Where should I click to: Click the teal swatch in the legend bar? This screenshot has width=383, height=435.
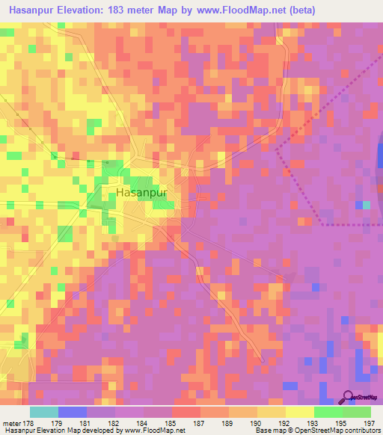(43, 412)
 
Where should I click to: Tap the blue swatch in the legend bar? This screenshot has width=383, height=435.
(72, 412)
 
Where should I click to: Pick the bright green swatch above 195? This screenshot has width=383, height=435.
(328, 412)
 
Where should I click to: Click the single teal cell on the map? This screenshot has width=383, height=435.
(367, 205)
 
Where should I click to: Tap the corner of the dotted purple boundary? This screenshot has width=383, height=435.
(323, 223)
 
